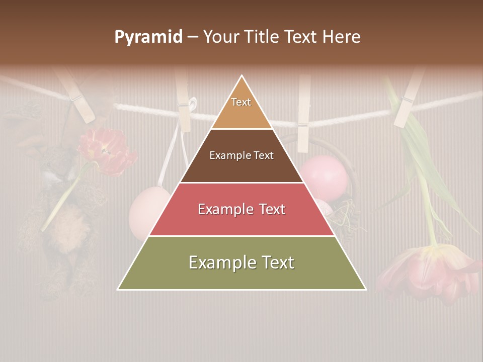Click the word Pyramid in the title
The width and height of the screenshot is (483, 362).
click(148, 37)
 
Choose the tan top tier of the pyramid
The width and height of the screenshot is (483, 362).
click(242, 108)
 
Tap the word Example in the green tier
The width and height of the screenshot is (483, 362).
click(221, 262)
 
